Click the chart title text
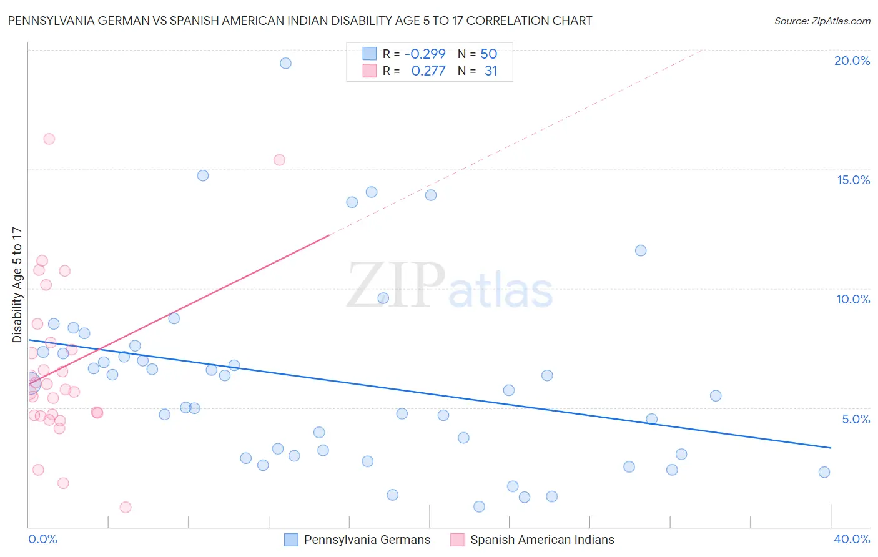[x=300, y=21]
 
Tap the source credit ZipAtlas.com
[x=822, y=21]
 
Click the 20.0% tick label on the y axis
[x=851, y=61]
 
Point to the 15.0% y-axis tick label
[x=852, y=180]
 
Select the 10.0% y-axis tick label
[x=852, y=299]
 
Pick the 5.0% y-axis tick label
[x=855, y=419]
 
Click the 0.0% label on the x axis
[x=42, y=539]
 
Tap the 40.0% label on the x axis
[x=851, y=539]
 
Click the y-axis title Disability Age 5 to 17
[x=17, y=285]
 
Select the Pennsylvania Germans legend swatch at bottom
[x=291, y=540]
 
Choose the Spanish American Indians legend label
[x=541, y=540]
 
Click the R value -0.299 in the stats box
[x=425, y=54]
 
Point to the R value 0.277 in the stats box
[x=428, y=71]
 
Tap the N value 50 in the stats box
[x=488, y=54]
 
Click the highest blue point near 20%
[x=285, y=63]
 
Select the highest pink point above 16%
[x=49, y=139]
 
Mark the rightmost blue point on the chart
[x=824, y=472]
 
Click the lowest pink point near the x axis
[x=126, y=507]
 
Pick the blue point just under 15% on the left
[x=202, y=175]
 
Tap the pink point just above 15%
[x=279, y=160]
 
